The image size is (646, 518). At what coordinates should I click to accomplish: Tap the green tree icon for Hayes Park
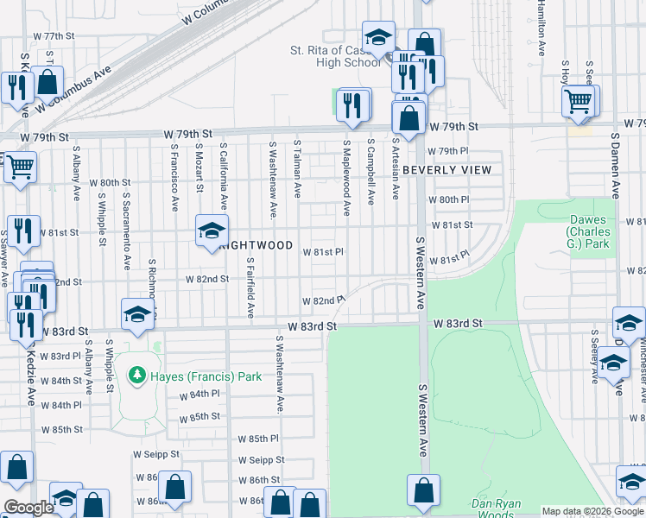click(136, 376)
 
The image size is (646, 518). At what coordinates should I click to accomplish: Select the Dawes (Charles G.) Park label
click(588, 232)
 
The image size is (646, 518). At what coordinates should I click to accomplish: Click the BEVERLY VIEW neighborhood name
click(446, 170)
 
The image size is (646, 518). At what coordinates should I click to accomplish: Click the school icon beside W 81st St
click(210, 231)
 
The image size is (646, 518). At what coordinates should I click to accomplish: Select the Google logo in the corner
click(28, 508)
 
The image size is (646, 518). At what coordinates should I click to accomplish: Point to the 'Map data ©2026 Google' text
click(592, 511)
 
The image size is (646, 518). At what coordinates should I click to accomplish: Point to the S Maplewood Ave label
click(345, 177)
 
